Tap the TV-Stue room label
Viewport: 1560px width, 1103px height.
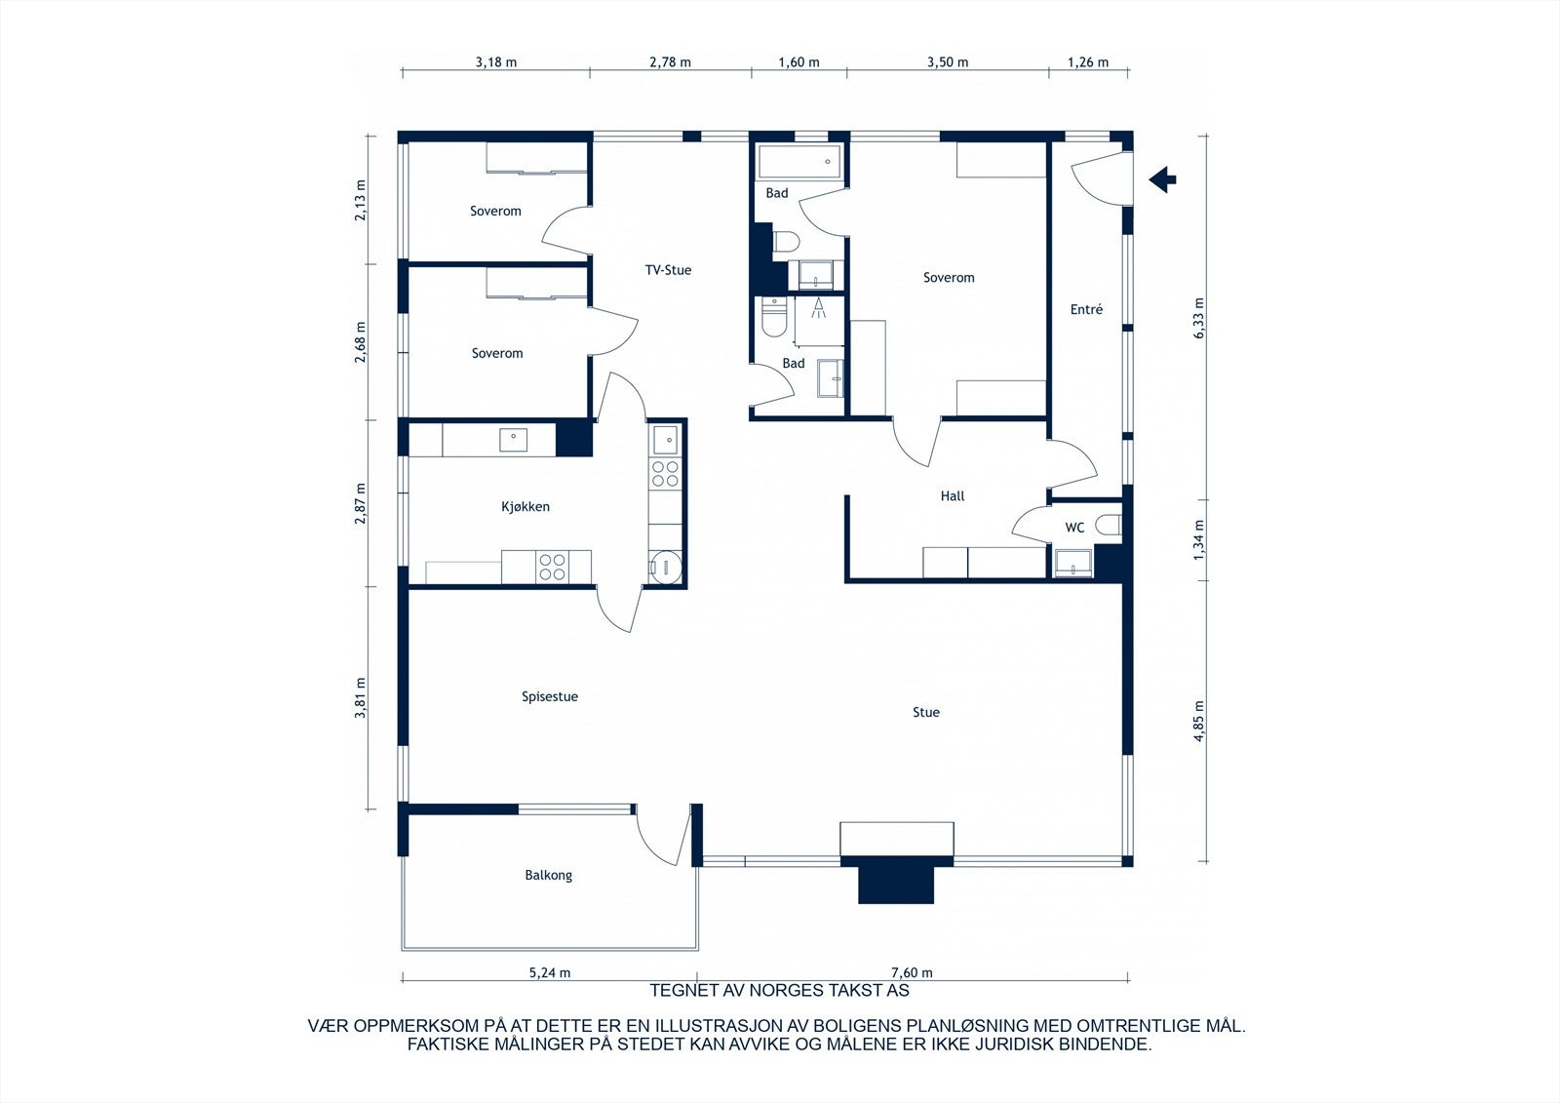click(x=668, y=270)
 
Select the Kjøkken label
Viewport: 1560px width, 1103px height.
click(x=526, y=506)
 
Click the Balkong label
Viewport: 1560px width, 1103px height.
click(x=548, y=875)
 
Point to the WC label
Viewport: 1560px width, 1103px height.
click(x=1074, y=528)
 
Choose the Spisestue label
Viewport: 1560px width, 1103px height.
click(x=550, y=696)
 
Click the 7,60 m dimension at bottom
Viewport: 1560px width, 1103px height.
click(x=912, y=972)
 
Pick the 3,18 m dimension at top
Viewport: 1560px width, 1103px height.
click(x=496, y=62)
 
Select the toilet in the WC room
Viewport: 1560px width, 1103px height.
click(x=1109, y=526)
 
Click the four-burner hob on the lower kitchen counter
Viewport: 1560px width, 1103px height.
click(x=553, y=567)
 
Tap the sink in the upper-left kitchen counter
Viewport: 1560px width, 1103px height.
click(x=514, y=440)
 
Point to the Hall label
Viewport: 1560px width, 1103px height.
click(x=953, y=495)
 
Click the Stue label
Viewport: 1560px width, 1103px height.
click(x=926, y=712)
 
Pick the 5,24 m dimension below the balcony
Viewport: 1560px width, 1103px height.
click(x=550, y=972)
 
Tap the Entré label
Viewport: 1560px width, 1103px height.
click(x=1086, y=309)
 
